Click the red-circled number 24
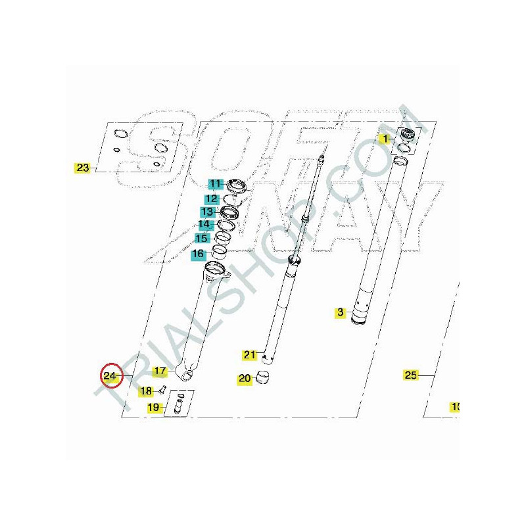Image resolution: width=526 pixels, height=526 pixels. pyautogui.click(x=110, y=375)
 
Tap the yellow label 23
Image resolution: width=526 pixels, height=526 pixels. pyautogui.click(x=83, y=168)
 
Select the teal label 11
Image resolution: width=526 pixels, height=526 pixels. pyautogui.click(x=216, y=184)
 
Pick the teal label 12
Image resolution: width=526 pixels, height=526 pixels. pyautogui.click(x=212, y=199)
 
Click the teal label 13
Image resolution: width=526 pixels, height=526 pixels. pyautogui.click(x=208, y=212)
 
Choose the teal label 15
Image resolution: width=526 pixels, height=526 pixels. pyautogui.click(x=202, y=239)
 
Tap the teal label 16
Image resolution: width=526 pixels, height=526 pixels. pyautogui.click(x=199, y=254)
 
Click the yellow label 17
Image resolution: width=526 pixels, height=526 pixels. pyautogui.click(x=160, y=371)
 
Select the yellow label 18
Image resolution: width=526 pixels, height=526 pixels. pyautogui.click(x=146, y=391)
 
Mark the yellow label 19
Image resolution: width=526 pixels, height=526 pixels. pyautogui.click(x=154, y=407)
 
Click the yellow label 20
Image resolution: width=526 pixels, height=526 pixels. pyautogui.click(x=245, y=379)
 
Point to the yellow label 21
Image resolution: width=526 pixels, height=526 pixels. pyautogui.click(x=250, y=354)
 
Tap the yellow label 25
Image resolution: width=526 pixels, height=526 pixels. pyautogui.click(x=410, y=375)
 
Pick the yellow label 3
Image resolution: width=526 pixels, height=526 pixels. pyautogui.click(x=341, y=312)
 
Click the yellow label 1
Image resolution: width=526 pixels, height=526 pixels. pyautogui.click(x=385, y=139)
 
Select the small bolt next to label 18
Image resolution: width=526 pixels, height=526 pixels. pyautogui.click(x=163, y=390)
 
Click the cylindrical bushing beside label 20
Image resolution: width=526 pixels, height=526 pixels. pyautogui.click(x=262, y=377)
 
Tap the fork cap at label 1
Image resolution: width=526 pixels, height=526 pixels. pyautogui.click(x=407, y=134)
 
